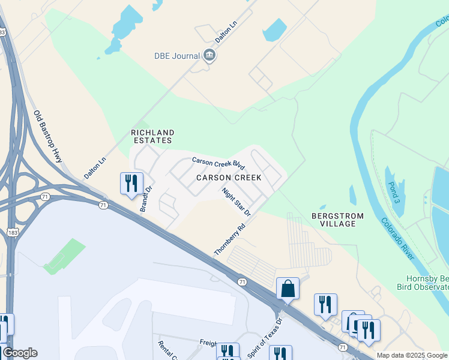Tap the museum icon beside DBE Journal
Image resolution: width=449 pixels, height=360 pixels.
[209, 56]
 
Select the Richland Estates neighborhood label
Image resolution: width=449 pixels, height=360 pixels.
[152, 136]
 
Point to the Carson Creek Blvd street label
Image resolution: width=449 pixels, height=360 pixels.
[218, 163]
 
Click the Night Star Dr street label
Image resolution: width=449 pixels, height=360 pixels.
[236, 201]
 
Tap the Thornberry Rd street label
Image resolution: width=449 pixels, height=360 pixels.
[231, 238]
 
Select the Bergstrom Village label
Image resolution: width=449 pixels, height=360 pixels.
[333, 219]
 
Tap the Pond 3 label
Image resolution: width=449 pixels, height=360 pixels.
[393, 192]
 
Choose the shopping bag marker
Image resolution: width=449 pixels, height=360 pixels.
[288, 289]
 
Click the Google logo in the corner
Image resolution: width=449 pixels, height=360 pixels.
[20, 353]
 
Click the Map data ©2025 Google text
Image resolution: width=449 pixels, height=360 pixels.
[412, 355]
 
